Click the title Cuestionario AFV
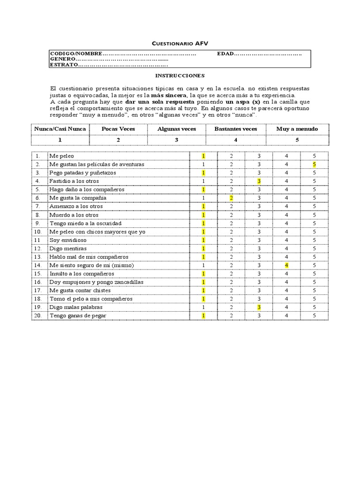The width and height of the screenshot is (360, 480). pyautogui.click(x=180, y=43)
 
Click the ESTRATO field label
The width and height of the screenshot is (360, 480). pyautogui.click(x=64, y=65)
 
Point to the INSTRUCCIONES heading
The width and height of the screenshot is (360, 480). pyautogui.click(x=180, y=75)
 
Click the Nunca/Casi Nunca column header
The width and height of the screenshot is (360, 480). pyautogui.click(x=60, y=129)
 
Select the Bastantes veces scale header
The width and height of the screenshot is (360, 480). pyautogui.click(x=235, y=129)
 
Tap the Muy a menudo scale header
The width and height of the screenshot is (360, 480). pyautogui.click(x=297, y=129)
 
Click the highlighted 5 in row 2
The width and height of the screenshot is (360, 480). pyautogui.click(x=315, y=165)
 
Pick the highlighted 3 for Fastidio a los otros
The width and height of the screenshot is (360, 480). pyautogui.click(x=259, y=181)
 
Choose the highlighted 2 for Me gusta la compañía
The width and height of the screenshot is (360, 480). pyautogui.click(x=231, y=198)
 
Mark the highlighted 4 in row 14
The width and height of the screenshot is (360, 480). pyautogui.click(x=286, y=265)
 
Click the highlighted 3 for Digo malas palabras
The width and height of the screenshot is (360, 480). pyautogui.click(x=259, y=307)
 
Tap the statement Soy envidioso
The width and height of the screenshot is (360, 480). pyautogui.click(x=68, y=240)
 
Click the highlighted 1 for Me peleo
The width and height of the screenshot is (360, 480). pyautogui.click(x=203, y=156)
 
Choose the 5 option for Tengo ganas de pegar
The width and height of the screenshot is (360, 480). pyautogui.click(x=315, y=316)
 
